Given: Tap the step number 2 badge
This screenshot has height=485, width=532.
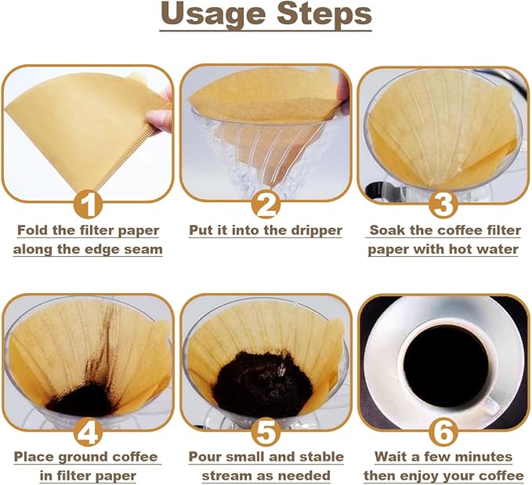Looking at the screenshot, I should point(266,204).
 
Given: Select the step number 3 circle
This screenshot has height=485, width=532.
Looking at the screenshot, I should point(443,204).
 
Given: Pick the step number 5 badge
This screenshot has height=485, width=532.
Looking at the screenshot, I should point(266,433).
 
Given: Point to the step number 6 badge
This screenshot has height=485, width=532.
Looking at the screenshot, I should point(443,433).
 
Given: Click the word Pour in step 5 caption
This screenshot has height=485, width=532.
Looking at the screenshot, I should point(205,457).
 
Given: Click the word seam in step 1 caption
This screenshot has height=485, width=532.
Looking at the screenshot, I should point(143,250).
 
